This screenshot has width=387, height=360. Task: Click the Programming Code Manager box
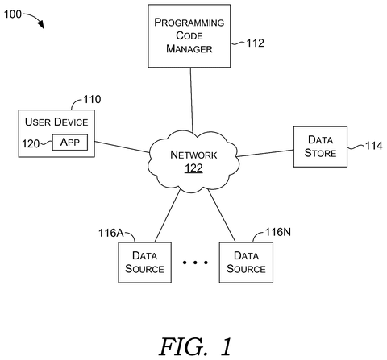189,35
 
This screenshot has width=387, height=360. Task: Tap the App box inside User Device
70,142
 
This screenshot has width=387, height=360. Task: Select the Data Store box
320,147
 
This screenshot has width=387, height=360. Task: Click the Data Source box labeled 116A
145,263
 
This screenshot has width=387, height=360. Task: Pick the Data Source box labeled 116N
246,263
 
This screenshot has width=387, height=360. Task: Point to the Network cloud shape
193,162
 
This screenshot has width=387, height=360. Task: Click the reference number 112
256,43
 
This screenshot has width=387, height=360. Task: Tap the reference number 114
373,146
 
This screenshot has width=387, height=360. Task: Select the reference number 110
92,99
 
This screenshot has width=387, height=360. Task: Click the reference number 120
31,143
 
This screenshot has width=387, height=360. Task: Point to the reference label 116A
111,233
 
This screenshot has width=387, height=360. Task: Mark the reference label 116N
278,232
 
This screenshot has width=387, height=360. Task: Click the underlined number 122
193,168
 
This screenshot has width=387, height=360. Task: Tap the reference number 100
13,14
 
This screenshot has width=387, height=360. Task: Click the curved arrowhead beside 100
41,24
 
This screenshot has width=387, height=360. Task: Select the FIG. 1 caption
195,346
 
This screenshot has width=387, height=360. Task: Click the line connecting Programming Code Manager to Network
192,100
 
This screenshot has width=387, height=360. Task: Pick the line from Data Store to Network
265,153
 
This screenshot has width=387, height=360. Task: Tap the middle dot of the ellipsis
195,263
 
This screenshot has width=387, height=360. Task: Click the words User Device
56,122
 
